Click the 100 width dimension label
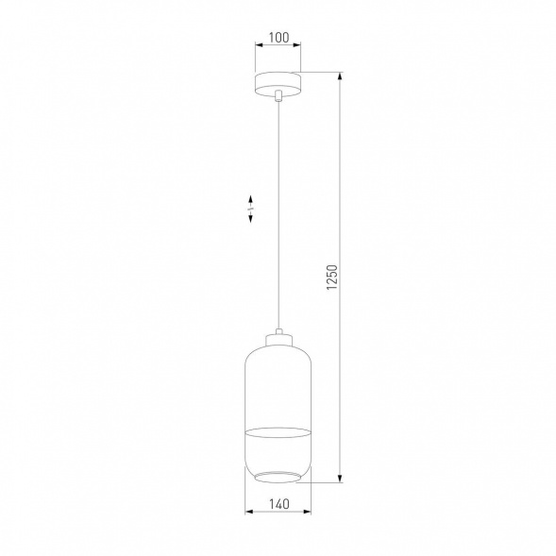pyautogui.click(x=278, y=39)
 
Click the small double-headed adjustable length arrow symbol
pyautogui.click(x=251, y=209)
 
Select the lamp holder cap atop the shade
pyautogui.click(x=278, y=338)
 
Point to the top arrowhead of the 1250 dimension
pyautogui.click(x=339, y=75)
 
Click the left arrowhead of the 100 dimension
pyautogui.click(x=260, y=49)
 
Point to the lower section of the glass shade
pyautogui.click(x=278, y=453)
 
